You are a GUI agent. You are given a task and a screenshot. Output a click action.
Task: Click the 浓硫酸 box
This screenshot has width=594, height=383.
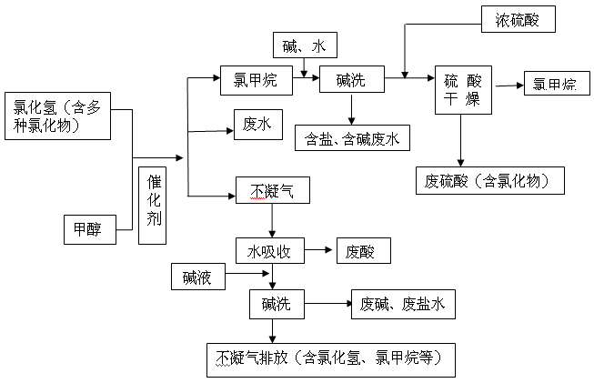[x=518, y=18]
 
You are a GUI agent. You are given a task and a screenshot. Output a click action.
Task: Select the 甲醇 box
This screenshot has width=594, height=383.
[x=90, y=229]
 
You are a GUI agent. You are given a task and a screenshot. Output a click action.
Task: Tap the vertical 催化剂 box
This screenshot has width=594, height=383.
[x=154, y=206]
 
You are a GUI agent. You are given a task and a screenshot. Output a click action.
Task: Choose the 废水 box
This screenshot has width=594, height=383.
[x=251, y=122]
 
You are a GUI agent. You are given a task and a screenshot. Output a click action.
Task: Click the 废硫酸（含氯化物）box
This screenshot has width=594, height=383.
[x=489, y=180]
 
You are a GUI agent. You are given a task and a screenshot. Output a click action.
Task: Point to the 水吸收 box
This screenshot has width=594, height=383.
[x=269, y=251]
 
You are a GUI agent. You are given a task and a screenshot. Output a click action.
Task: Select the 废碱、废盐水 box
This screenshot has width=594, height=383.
[x=403, y=304]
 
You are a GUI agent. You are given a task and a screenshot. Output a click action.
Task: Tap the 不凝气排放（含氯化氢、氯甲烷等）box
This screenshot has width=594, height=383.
[x=329, y=358]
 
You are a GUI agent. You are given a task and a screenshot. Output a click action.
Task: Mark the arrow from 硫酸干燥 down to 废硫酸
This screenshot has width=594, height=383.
[x=462, y=138]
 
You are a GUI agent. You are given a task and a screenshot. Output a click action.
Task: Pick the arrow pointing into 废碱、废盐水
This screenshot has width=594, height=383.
[x=327, y=304]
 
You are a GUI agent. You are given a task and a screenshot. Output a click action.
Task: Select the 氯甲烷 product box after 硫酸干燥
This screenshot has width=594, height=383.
[x=555, y=86]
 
